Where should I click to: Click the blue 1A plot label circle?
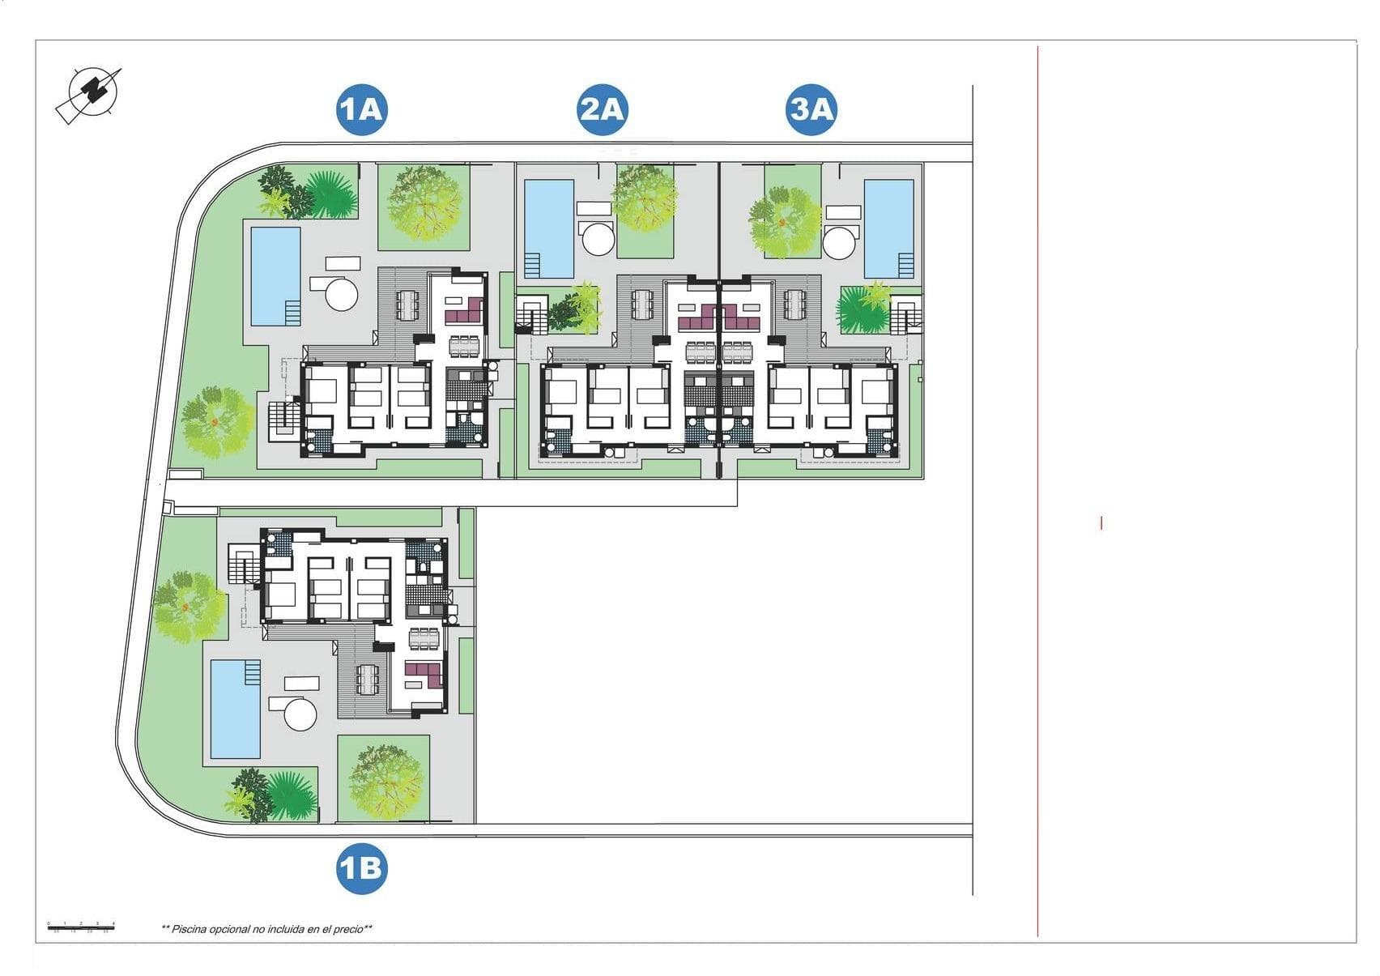[x=362, y=109]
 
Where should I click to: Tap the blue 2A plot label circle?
[x=603, y=109]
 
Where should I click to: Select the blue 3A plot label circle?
[x=811, y=109]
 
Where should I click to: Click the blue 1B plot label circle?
[x=361, y=869]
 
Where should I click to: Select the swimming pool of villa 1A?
[x=275, y=275]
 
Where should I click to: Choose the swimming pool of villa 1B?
[x=236, y=709]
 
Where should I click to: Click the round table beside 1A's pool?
[x=342, y=293]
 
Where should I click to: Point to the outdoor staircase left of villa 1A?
[x=283, y=420]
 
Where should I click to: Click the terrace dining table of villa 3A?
[x=794, y=305]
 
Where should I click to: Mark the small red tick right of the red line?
[x=1101, y=523]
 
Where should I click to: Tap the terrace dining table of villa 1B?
[x=368, y=679]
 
